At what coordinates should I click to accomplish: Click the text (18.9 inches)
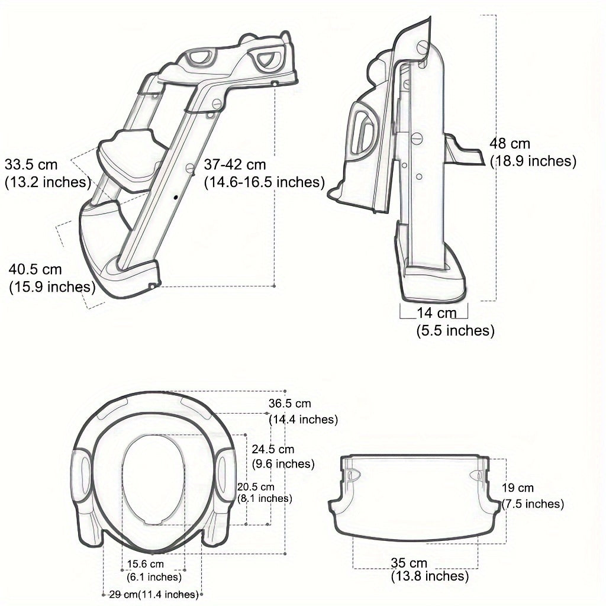[x=532, y=161]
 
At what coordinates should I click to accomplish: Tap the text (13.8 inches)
[x=430, y=576]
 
